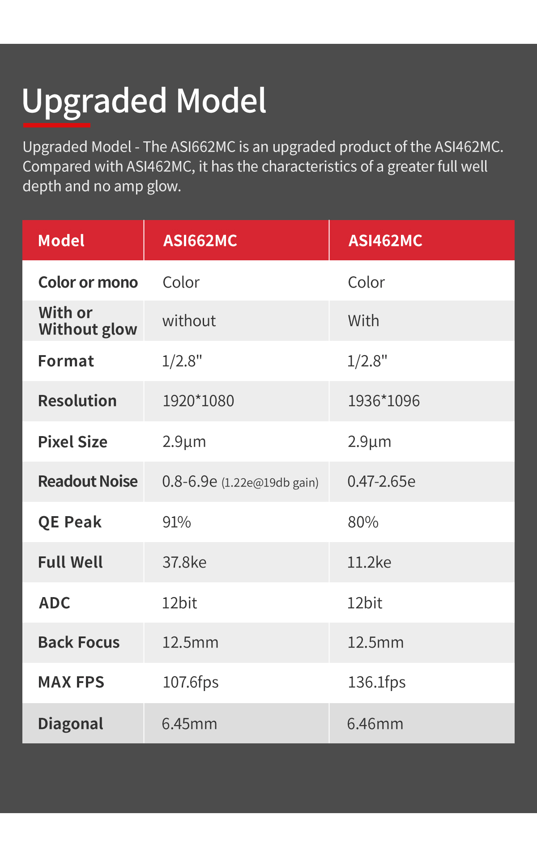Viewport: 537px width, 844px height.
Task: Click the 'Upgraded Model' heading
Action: (x=144, y=101)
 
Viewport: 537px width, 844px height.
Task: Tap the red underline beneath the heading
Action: (x=56, y=126)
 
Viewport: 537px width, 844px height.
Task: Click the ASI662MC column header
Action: (x=200, y=241)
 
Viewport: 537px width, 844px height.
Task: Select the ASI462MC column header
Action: (x=385, y=241)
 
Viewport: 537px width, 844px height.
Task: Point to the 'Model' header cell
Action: (x=61, y=241)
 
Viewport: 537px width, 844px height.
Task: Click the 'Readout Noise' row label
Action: (x=88, y=481)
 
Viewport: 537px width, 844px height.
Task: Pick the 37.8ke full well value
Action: (x=184, y=562)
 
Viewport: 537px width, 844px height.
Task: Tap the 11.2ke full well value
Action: (x=369, y=562)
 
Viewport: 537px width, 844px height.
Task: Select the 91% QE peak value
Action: (x=177, y=522)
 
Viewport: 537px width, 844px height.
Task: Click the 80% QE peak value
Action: (x=363, y=522)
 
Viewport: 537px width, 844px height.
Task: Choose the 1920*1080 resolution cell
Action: (x=198, y=401)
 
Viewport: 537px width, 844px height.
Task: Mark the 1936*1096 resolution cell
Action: (x=384, y=401)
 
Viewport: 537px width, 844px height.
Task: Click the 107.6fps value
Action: (x=191, y=682)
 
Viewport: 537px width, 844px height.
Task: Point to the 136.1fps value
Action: (x=377, y=682)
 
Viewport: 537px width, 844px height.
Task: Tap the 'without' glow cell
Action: (x=189, y=321)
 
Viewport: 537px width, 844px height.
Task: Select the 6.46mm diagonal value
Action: (x=375, y=724)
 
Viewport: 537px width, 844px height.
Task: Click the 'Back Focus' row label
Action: (x=79, y=642)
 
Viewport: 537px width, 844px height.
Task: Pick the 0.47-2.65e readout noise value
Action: (x=381, y=481)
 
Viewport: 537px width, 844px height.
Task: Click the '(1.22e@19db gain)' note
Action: (x=270, y=483)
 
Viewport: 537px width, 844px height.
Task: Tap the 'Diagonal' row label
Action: (x=71, y=724)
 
